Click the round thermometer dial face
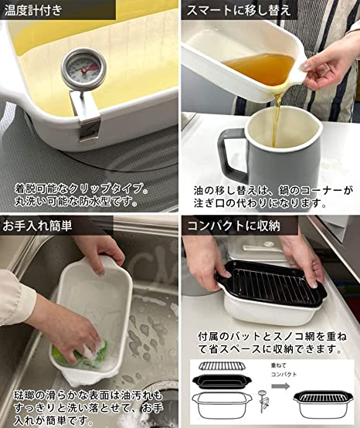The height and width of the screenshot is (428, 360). coord(83,69)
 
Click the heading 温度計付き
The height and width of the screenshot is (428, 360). coord(33,10)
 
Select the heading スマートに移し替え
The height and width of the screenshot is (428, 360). coord(238,10)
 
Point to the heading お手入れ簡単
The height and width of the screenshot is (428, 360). coord(37,226)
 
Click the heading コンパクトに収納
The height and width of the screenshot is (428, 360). coord(233,226)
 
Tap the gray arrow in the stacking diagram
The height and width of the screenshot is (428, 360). coord(281,386)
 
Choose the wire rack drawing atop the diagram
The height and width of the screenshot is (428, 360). coord(222,366)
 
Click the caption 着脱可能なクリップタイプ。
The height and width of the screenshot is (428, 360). coord(81,189)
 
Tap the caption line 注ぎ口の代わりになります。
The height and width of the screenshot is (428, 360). coord(260,203)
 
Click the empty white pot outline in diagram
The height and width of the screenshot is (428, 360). coord(222,405)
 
